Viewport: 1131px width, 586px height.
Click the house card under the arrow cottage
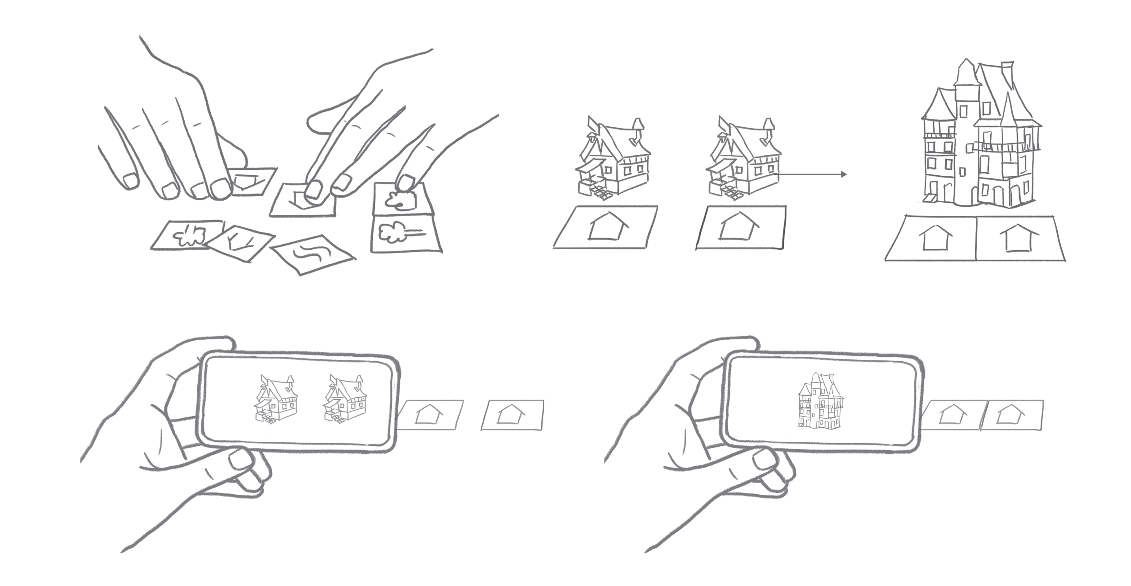(740, 228)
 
